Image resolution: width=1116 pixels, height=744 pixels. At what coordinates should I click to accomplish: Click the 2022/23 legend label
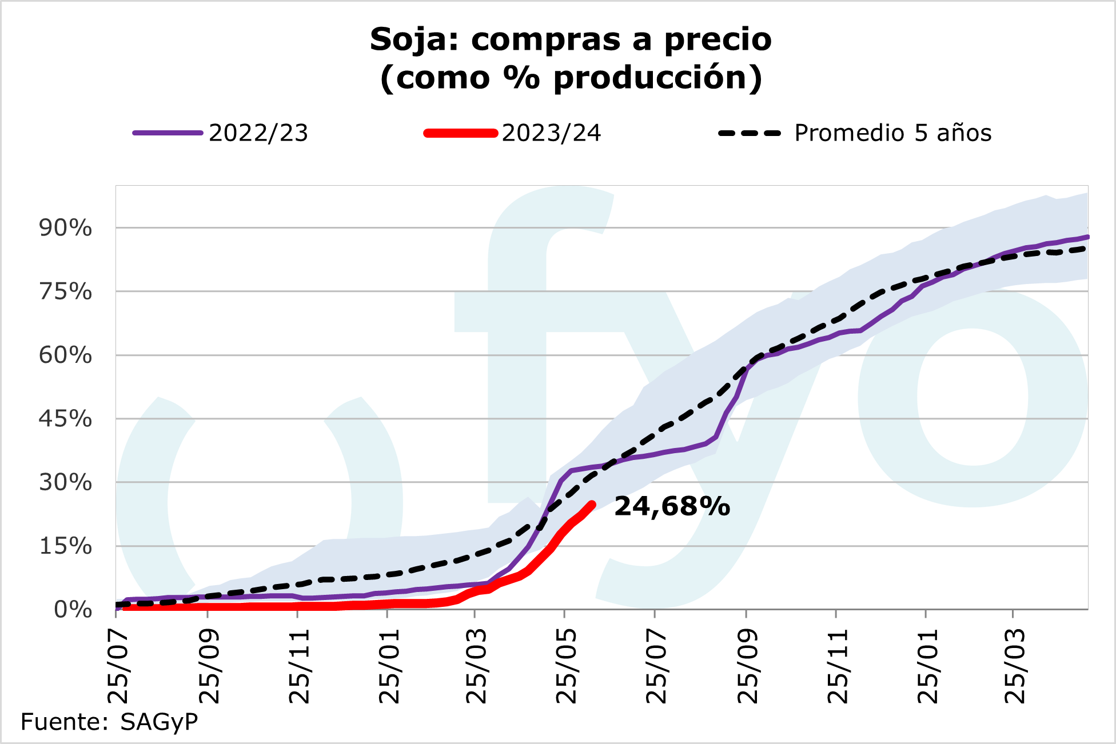(258, 133)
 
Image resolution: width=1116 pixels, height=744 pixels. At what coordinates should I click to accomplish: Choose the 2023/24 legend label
(551, 133)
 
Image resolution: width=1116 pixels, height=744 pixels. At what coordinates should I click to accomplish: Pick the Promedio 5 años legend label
(892, 133)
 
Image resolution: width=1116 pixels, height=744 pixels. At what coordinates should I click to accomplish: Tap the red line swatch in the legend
(460, 133)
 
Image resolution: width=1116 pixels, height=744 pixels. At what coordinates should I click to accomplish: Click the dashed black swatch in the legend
(750, 133)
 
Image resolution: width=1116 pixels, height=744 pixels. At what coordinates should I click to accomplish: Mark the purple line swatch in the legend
(168, 133)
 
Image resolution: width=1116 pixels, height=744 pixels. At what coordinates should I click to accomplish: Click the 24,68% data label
(672, 506)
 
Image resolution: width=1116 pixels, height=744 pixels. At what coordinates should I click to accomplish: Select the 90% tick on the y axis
(65, 228)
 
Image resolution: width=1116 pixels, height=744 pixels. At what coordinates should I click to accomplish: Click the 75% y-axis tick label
(65, 292)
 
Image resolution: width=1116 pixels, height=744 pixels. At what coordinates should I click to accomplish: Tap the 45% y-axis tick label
(65, 419)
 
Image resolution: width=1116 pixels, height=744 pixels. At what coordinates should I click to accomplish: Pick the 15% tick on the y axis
(65, 546)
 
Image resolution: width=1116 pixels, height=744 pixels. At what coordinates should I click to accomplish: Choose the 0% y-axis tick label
(73, 610)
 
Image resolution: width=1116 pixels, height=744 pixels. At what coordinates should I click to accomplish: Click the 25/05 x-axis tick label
(567, 666)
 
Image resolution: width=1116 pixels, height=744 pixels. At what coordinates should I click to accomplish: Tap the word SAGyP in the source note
(159, 722)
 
